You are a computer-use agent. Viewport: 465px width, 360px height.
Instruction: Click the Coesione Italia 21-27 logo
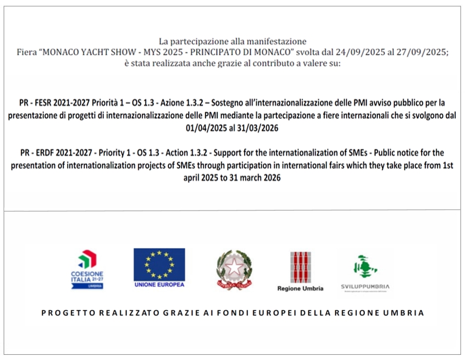coord(87,269)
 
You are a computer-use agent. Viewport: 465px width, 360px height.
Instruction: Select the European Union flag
coord(159,264)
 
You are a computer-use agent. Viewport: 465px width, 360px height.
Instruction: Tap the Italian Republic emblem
coord(234,269)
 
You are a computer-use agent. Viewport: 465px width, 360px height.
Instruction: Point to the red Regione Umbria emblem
coord(300,267)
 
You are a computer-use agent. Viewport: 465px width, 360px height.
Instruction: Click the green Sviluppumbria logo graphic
coord(365,266)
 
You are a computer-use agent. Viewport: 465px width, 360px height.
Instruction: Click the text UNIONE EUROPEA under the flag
coord(159,285)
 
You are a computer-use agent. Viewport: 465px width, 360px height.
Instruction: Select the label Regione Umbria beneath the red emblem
coord(300,289)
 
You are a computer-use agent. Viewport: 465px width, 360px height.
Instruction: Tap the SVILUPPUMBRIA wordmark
coord(365,287)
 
